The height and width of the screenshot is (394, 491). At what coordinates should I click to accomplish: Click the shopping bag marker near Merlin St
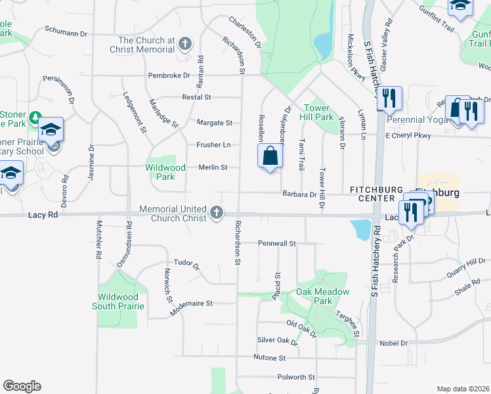pyautogui.click(x=270, y=157)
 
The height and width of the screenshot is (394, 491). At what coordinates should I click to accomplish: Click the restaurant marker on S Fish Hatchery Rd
pyautogui.click(x=389, y=98)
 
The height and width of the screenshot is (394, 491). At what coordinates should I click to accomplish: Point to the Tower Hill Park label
pyautogui.click(x=319, y=112)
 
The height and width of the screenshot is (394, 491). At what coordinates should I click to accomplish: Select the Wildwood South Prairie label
pyautogui.click(x=119, y=301)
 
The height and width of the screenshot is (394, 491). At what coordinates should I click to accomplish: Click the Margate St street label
pyautogui.click(x=215, y=123)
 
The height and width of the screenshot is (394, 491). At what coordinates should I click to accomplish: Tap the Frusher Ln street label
pyautogui.click(x=213, y=144)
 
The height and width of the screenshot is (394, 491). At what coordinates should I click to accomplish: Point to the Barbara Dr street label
pyautogui.click(x=299, y=194)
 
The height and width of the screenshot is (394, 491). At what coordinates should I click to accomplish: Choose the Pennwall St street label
pyautogui.click(x=278, y=243)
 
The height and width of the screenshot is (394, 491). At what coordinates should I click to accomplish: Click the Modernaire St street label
pyautogui.click(x=192, y=303)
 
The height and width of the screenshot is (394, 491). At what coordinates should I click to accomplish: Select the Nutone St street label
pyautogui.click(x=269, y=358)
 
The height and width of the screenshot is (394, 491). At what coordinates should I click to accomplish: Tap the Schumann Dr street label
pyautogui.click(x=66, y=31)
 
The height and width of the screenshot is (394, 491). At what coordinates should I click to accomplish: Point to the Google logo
pyautogui.click(x=22, y=386)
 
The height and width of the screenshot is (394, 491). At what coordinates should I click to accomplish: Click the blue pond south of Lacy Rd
pyautogui.click(x=360, y=230)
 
